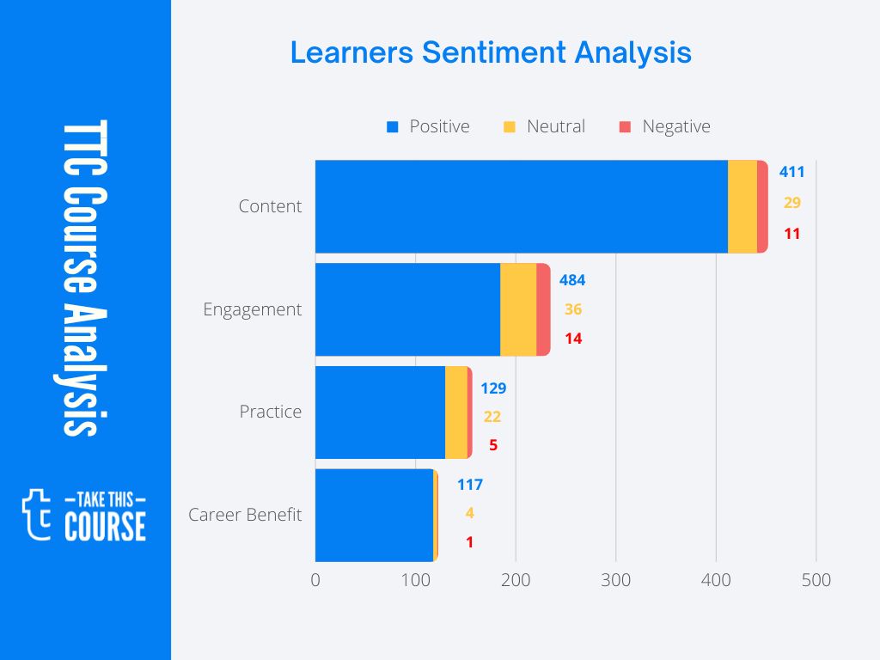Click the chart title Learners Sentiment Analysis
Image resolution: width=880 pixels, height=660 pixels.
491,52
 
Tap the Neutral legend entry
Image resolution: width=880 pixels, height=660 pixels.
544,126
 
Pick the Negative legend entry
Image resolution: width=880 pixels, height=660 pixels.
664,126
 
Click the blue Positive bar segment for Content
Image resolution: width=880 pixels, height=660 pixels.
521,206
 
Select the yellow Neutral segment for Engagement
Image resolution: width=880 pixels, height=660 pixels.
518,309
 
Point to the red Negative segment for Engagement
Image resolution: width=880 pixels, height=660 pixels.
543,309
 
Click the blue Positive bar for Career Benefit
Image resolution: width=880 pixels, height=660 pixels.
374,515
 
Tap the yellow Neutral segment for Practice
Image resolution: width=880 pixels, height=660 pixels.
456,412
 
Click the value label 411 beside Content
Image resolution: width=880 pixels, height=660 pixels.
791,172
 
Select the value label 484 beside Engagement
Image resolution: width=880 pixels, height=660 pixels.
572,280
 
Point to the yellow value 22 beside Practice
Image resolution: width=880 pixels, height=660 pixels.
492,417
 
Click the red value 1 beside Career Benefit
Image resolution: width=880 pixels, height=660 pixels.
469,542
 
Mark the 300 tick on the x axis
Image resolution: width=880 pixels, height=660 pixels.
615,580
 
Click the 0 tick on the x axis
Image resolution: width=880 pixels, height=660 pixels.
315,580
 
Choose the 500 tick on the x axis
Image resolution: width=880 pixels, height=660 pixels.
816,580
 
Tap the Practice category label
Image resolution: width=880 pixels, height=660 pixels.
270,412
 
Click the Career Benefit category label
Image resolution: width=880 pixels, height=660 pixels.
245,515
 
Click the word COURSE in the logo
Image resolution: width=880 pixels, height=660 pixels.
105,526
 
